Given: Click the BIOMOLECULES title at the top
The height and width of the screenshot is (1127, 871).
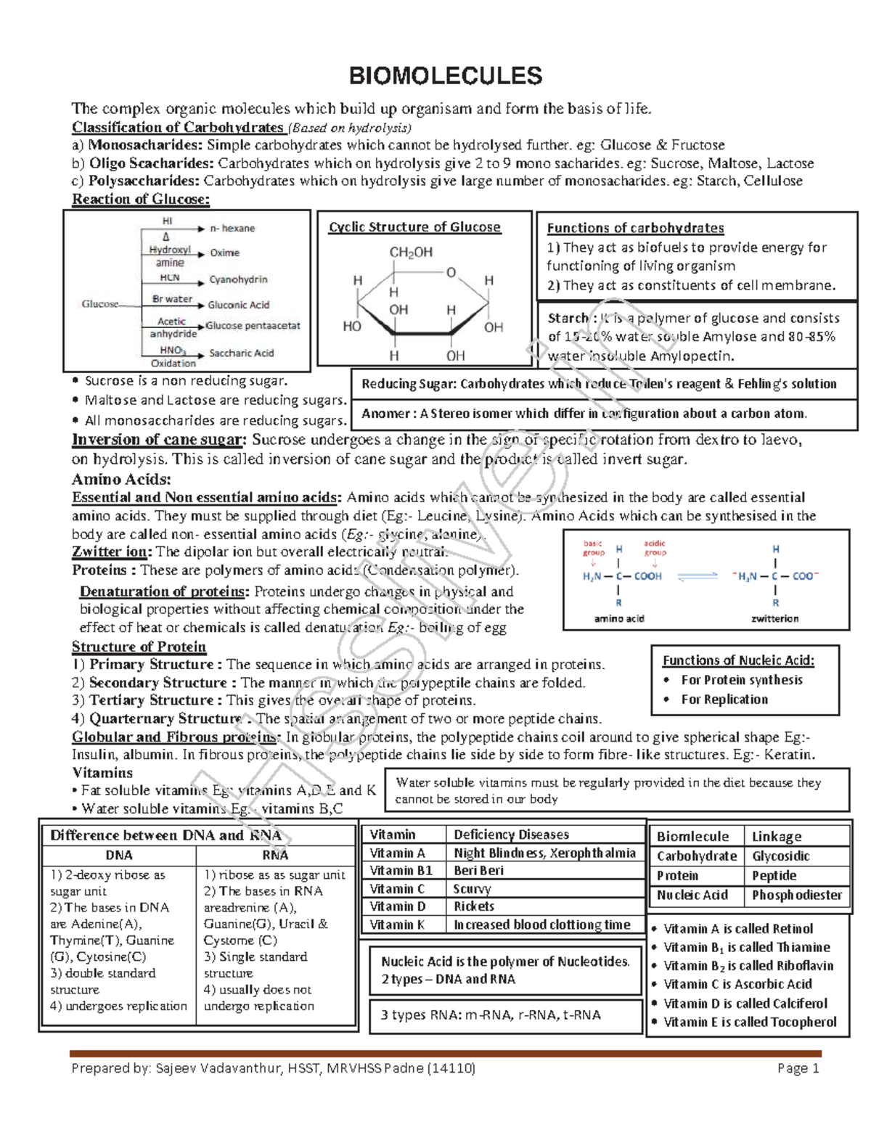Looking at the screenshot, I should [445, 75].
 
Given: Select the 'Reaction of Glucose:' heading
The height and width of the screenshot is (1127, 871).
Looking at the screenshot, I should [141, 199].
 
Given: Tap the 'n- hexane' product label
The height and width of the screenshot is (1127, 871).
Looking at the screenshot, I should [232, 229].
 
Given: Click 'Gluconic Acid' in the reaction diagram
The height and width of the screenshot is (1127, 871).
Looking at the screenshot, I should [238, 305].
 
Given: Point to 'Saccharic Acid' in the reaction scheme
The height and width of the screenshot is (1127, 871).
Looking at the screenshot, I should [241, 353].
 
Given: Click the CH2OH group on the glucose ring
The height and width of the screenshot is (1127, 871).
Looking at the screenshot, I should [411, 253].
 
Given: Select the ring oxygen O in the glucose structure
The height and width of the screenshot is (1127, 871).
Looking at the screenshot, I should [451, 273].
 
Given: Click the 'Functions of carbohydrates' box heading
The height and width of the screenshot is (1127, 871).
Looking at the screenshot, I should [635, 228].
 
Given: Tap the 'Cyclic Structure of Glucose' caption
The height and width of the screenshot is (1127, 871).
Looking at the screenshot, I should [414, 227].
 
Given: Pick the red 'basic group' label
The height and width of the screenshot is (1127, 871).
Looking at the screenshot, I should [593, 548].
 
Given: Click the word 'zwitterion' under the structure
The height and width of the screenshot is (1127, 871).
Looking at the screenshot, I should [774, 619].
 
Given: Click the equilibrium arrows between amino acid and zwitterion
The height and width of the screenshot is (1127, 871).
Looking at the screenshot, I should [697, 576].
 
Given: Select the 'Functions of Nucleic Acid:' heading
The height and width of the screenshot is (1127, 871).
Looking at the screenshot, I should [738, 660].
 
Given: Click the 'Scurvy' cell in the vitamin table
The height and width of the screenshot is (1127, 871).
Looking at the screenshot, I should [472, 889].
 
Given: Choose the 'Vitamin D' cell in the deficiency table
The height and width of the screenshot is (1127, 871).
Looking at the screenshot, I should [397, 906].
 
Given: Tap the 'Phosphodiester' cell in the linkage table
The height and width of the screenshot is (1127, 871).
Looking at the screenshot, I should [796, 896].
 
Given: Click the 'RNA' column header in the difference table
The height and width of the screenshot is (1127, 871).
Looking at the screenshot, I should [275, 856].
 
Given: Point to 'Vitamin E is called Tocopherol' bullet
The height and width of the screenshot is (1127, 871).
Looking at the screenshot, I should [750, 1023].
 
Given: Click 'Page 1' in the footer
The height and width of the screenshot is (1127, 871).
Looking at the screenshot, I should [798, 1068].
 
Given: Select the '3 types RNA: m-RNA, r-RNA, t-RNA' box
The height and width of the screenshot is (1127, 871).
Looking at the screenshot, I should [491, 1015].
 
